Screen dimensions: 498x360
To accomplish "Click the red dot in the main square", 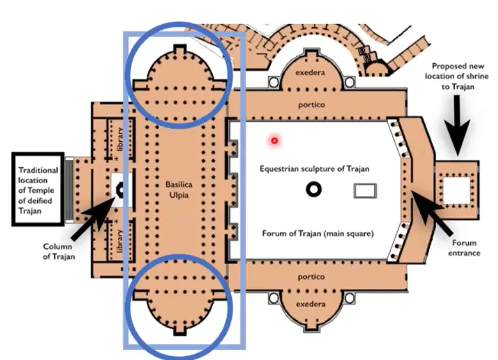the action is pyautogui.click(x=274, y=141).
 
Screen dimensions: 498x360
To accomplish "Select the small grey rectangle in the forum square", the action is pyautogui.click(x=365, y=191).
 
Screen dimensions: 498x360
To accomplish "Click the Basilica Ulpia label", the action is pyautogui.click(x=179, y=189).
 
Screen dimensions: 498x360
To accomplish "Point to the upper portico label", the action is pyautogui.click(x=312, y=104).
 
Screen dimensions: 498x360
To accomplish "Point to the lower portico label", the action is pyautogui.click(x=311, y=277).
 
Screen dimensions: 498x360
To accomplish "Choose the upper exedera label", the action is pyautogui.click(x=310, y=72).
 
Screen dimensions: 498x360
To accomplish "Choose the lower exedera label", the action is pyautogui.click(x=310, y=304).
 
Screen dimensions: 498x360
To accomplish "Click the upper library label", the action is pyautogui.click(x=120, y=139).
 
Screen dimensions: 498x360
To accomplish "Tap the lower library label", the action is pyautogui.click(x=120, y=241).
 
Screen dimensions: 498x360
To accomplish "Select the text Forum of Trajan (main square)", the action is pyautogui.click(x=318, y=234).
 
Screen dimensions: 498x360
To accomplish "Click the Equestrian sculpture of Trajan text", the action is pyautogui.click(x=314, y=169).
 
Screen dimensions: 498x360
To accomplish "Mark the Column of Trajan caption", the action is pyautogui.click(x=59, y=251).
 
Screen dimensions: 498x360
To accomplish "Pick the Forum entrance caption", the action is pyautogui.click(x=464, y=248).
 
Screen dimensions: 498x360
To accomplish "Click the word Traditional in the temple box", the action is pyautogui.click(x=38, y=171).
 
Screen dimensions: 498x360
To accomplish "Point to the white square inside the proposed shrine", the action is pyautogui.click(x=456, y=190).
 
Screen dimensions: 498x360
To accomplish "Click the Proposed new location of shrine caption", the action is pyautogui.click(x=457, y=76).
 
